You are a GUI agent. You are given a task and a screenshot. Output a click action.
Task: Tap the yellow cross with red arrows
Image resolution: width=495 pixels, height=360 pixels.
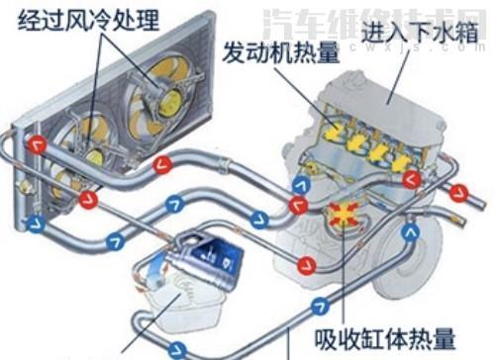click(x=346, y=216)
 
